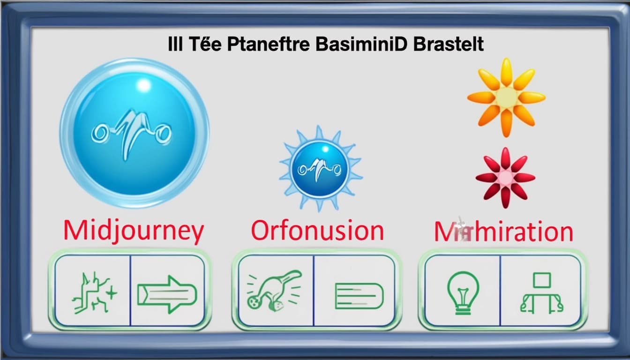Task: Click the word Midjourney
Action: pos(133,232)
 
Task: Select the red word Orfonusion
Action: pos(317,231)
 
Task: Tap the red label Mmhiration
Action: pos(503,232)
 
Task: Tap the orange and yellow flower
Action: pos(506,97)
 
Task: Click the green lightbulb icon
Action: pos(463,292)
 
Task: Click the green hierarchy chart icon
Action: pos(541,294)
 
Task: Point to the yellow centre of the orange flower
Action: pos(506,97)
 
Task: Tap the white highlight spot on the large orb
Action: pos(144,85)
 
